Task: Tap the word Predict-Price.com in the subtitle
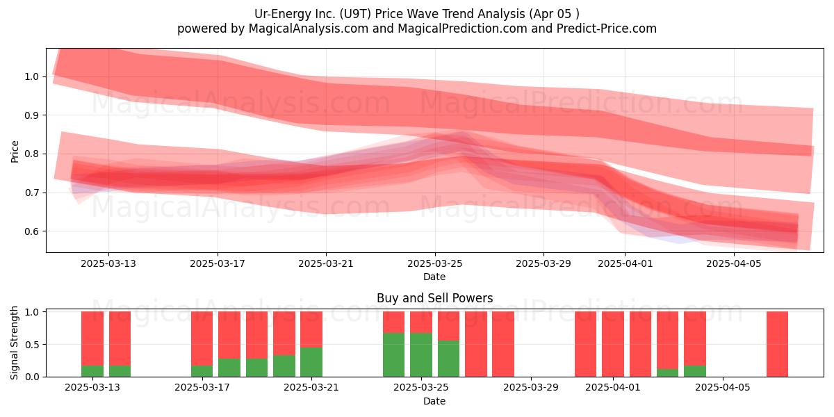(607, 28)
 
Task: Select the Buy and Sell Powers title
(434, 298)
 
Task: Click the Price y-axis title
(15, 152)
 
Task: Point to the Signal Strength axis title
(14, 343)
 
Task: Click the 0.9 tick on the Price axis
(31, 115)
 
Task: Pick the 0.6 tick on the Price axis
(31, 231)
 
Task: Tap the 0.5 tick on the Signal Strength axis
(31, 345)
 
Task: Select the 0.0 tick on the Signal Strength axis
(31, 377)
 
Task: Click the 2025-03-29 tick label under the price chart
(543, 263)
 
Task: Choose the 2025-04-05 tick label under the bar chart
(723, 388)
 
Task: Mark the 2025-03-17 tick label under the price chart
(218, 263)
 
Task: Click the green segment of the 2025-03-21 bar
(311, 362)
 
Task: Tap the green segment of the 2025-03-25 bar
(421, 355)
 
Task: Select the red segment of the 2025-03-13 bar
(92, 338)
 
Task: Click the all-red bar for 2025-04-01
(613, 344)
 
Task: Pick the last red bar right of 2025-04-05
(778, 344)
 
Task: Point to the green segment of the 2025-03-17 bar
(202, 371)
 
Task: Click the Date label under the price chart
(434, 277)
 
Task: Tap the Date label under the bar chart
(434, 401)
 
